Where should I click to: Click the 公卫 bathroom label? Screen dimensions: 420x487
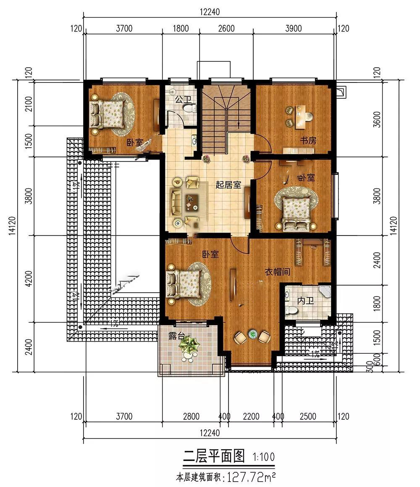183,100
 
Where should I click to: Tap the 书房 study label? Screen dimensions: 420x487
308,140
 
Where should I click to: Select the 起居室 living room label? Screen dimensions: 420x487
228,185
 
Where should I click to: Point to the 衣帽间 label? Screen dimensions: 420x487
277,272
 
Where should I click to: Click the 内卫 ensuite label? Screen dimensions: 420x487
305,300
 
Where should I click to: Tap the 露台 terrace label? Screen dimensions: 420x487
176,336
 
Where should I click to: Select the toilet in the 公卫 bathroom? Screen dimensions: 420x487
189,109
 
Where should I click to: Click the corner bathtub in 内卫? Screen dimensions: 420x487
325,291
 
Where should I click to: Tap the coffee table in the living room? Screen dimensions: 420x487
192,202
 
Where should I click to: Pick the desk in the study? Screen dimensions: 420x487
300,117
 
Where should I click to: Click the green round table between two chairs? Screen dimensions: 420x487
253,334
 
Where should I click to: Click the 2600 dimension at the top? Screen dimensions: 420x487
226,29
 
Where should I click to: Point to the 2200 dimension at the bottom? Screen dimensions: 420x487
251,416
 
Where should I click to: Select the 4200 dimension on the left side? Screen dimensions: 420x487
29,278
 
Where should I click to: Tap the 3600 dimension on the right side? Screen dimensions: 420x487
377,119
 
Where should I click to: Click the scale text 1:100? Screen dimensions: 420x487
264,457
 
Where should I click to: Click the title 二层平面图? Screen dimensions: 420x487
214,456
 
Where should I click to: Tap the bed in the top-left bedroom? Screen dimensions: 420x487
107,114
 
